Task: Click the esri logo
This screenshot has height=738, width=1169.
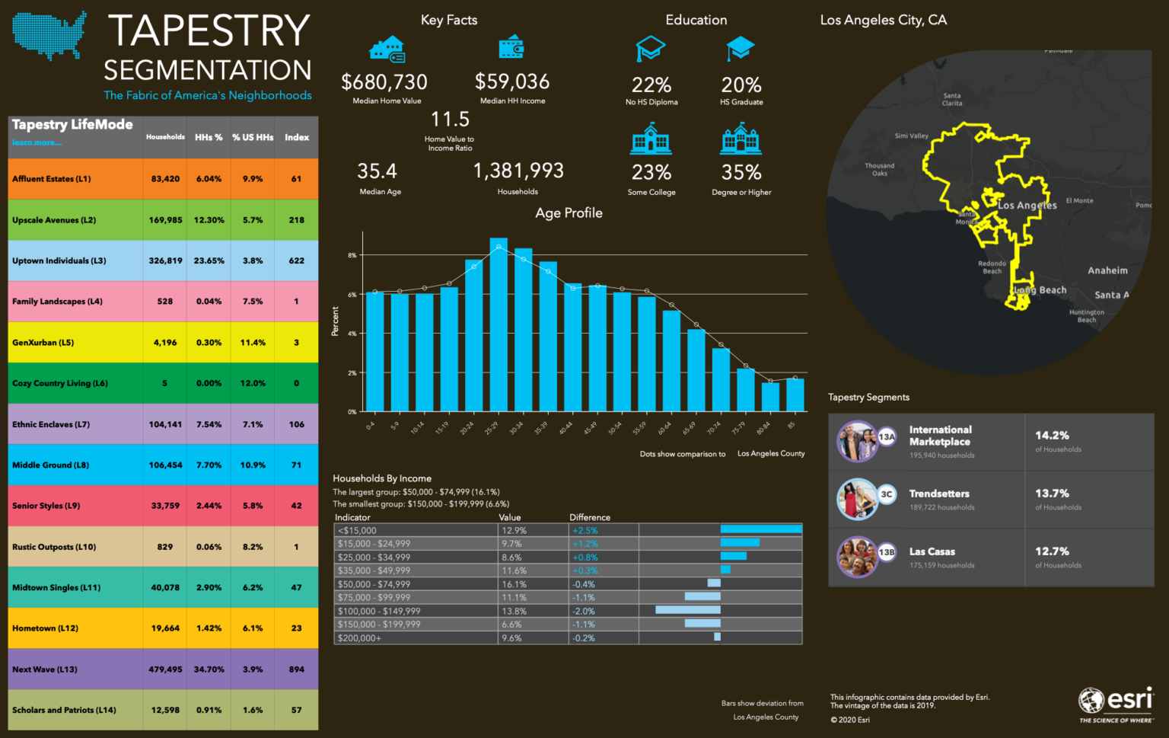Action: click(x=1116, y=703)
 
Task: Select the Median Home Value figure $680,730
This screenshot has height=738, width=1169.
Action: click(x=384, y=82)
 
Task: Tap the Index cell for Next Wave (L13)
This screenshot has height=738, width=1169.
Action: click(x=297, y=669)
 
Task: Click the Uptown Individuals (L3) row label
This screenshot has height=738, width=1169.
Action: click(x=59, y=260)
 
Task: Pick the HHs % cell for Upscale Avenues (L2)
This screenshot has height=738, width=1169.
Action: click(x=209, y=220)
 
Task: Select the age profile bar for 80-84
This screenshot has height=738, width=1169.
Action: click(x=770, y=397)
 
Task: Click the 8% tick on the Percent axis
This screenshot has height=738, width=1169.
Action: click(x=352, y=255)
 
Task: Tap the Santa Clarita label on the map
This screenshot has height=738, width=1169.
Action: click(x=952, y=100)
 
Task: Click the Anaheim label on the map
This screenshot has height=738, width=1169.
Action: click(x=1107, y=270)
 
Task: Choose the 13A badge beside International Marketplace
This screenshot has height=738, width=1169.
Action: click(x=887, y=437)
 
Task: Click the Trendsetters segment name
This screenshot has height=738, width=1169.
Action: click(x=939, y=494)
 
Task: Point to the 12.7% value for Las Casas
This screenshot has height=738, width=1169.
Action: click(x=1052, y=551)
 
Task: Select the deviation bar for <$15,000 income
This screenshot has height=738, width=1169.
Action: click(x=761, y=529)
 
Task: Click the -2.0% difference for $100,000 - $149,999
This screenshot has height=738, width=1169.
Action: click(x=584, y=611)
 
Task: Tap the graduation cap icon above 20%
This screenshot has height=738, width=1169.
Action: click(x=740, y=49)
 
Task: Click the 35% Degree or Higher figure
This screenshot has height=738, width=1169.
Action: click(x=741, y=173)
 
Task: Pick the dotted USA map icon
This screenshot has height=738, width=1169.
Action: click(x=49, y=35)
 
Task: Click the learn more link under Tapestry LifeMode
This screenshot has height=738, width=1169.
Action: click(x=37, y=142)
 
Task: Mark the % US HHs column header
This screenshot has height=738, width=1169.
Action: click(x=253, y=137)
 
